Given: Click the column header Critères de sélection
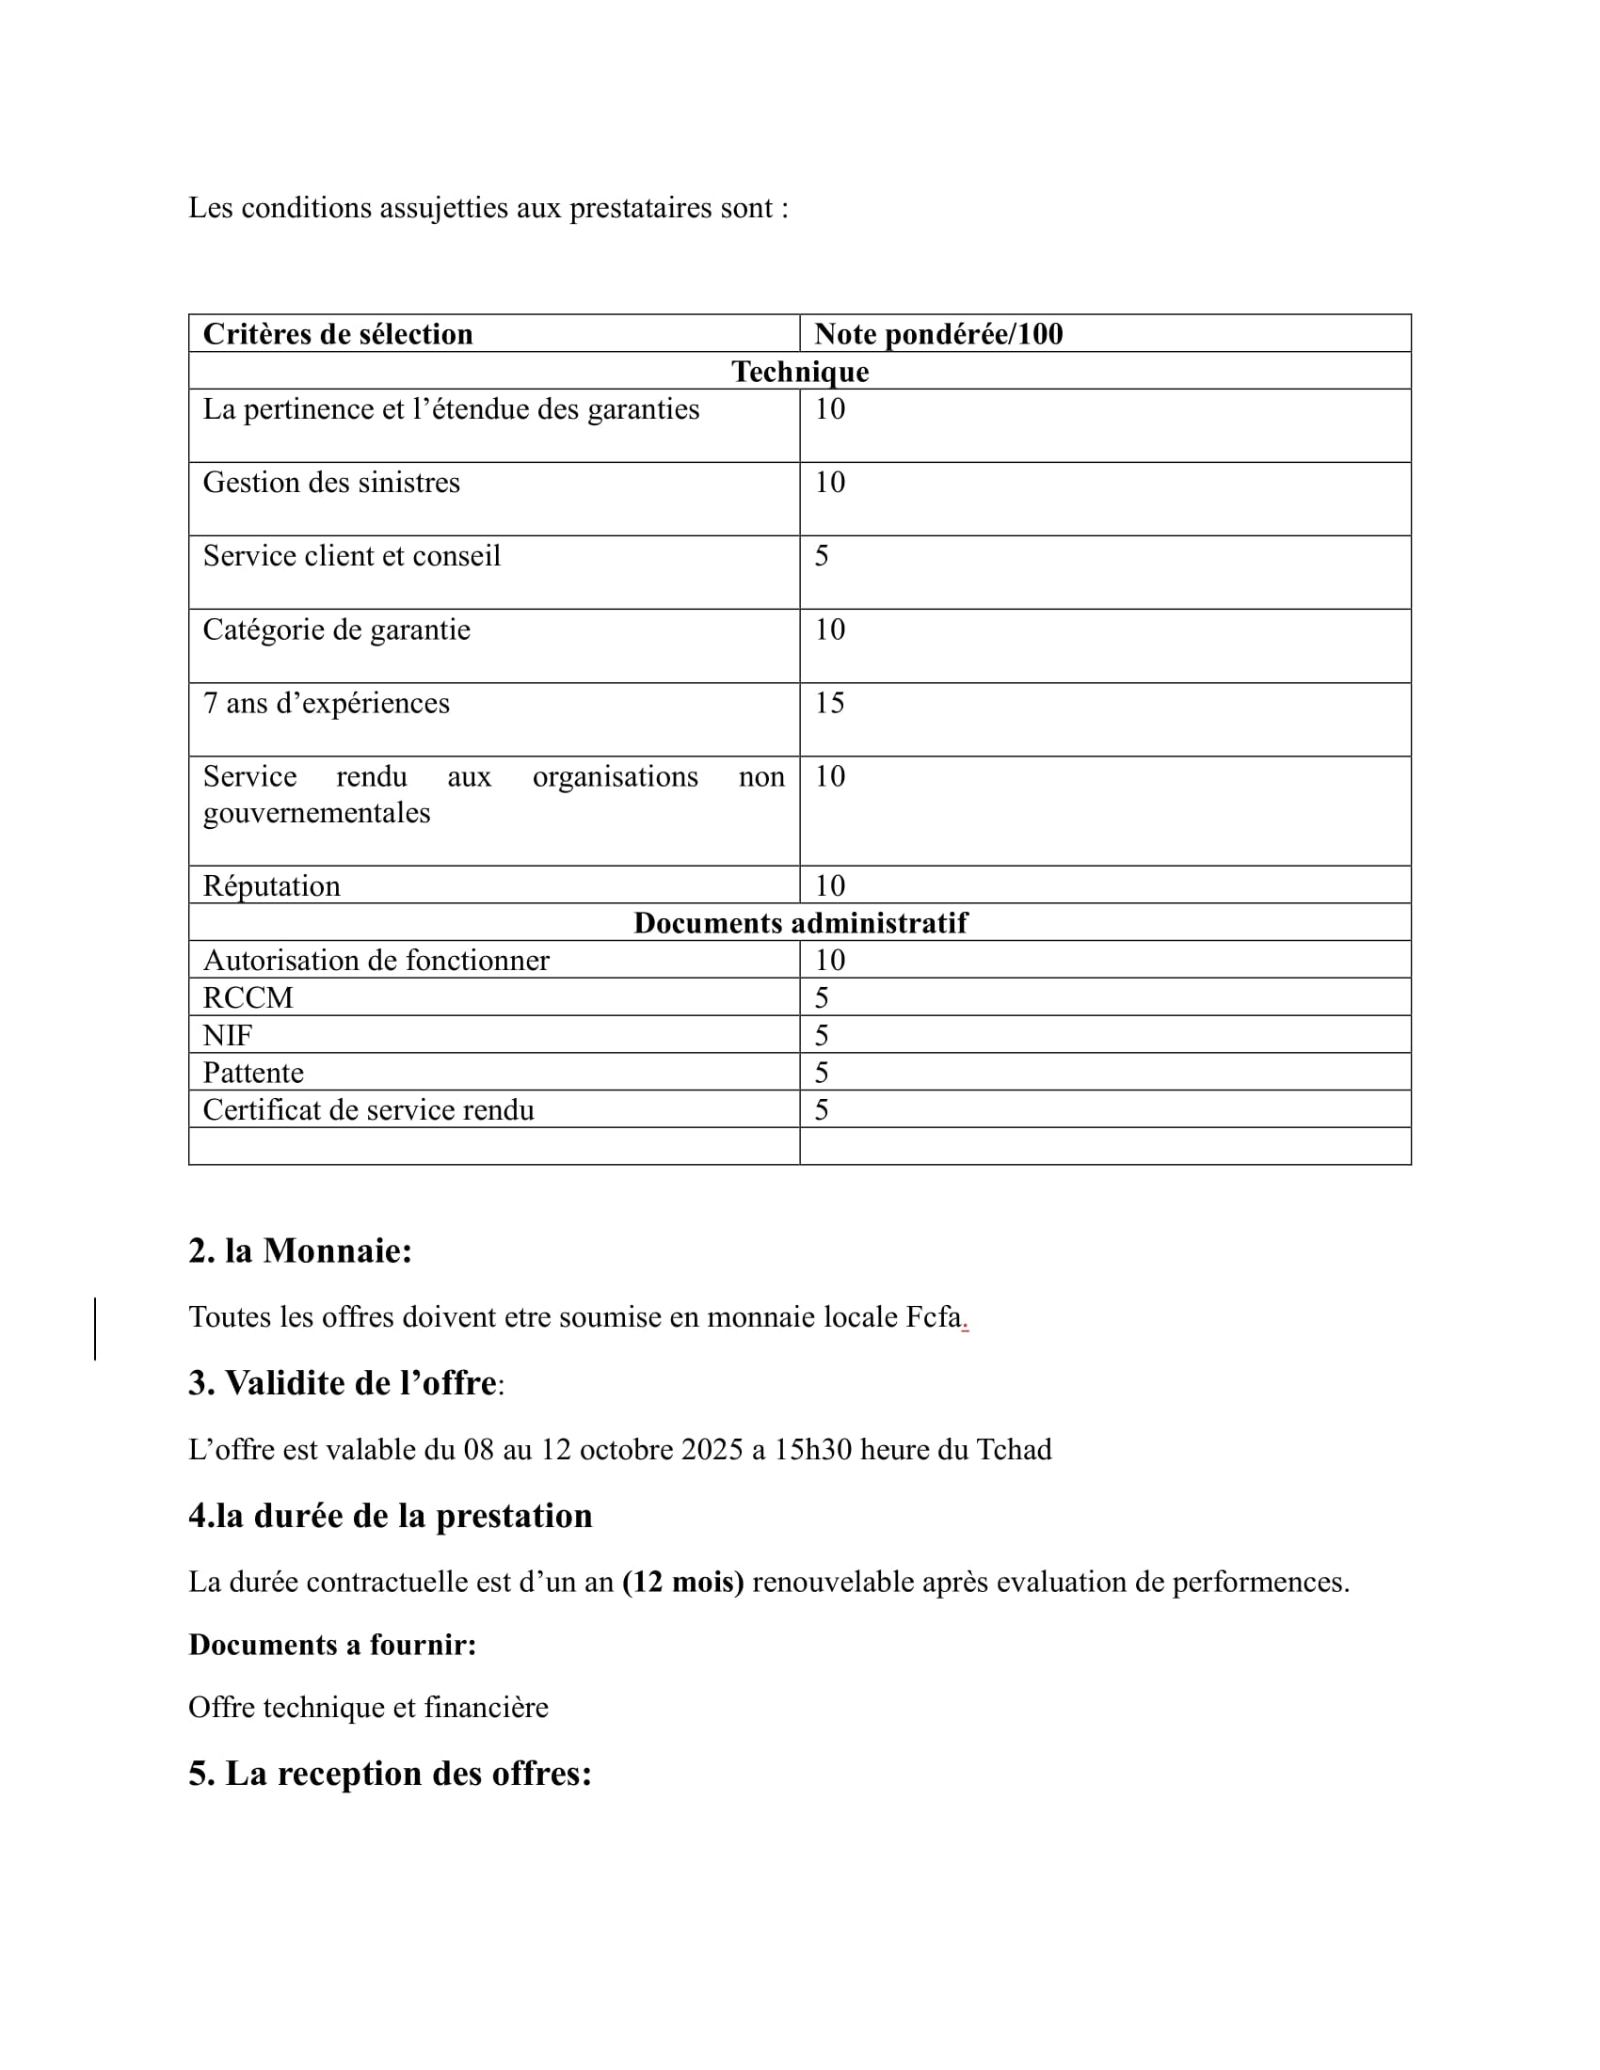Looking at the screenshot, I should click(338, 335).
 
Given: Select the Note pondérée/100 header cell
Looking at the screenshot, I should click(937, 335).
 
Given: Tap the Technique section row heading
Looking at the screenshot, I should click(799, 372).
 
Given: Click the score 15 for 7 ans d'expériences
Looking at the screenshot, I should click(829, 703).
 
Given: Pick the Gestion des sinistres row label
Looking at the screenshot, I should click(330, 483).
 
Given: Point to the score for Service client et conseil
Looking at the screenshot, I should click(822, 556).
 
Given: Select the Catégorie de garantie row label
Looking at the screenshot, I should click(337, 630).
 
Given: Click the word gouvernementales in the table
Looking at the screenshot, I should click(316, 813).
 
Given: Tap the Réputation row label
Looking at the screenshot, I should click(271, 886).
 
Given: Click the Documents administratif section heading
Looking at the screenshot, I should click(800, 923).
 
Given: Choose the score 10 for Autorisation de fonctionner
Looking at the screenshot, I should click(829, 960).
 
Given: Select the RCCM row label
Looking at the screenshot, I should click(248, 998).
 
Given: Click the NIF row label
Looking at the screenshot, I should click(228, 1035).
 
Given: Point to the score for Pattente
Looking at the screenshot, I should click(822, 1073).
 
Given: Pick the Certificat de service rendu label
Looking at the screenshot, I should click(368, 1110).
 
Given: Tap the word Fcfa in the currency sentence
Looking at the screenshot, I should click(934, 1317).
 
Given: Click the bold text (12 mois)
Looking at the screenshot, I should click(682, 1582).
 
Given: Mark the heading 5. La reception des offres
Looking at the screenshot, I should click(390, 1774).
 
